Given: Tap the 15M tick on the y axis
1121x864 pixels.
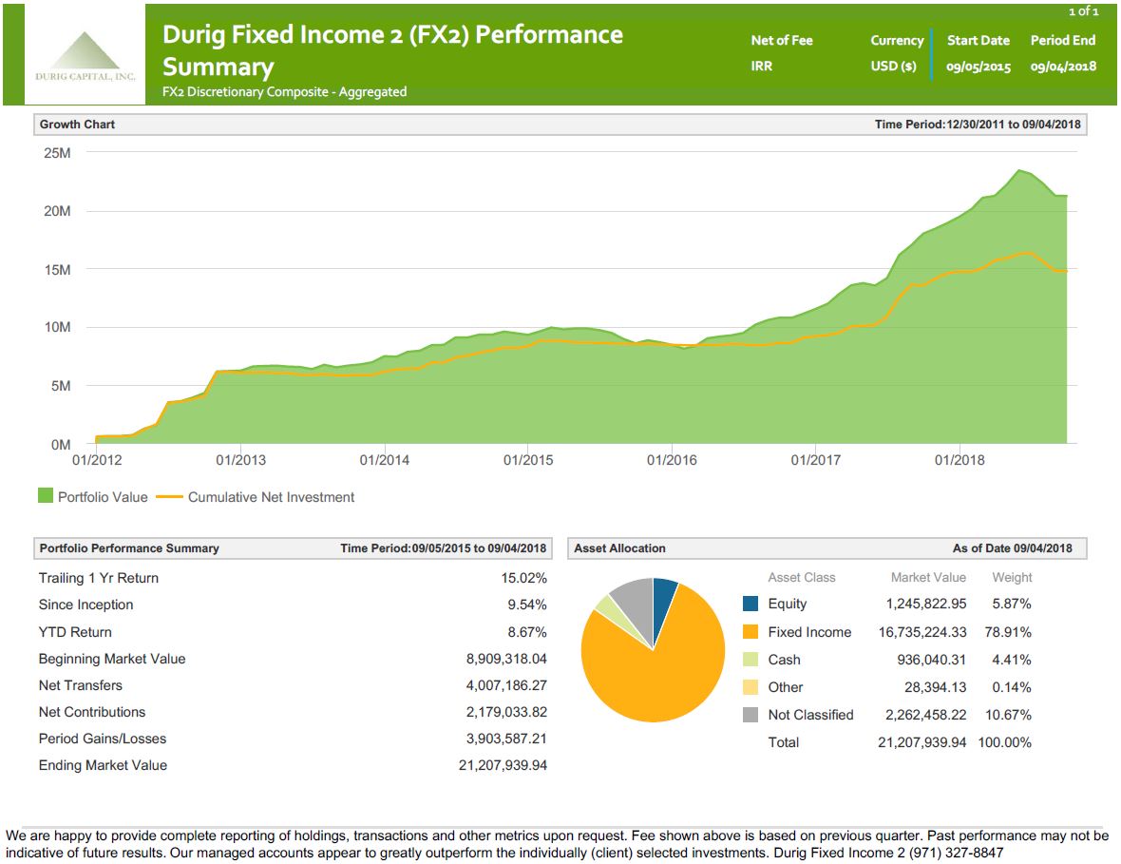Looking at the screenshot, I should tap(57, 270).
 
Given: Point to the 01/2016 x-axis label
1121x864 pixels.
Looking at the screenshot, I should tap(671, 460).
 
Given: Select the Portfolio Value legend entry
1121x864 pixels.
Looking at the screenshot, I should tap(93, 497).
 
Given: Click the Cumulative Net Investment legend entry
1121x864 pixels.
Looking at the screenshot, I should tap(256, 497).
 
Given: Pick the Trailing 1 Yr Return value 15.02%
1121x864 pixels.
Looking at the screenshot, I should tap(523, 578).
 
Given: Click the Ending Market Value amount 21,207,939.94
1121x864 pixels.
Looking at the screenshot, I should tap(503, 765).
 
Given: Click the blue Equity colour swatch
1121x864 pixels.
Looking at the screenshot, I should tap(750, 605).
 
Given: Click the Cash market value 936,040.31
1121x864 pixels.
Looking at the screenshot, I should tap(931, 660).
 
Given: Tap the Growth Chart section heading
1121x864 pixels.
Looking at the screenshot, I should tap(77, 125).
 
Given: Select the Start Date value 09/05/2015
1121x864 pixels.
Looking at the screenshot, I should tap(978, 67).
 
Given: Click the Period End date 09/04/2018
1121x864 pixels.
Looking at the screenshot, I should tap(1063, 67).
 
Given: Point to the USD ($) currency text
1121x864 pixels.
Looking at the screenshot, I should tap(893, 67).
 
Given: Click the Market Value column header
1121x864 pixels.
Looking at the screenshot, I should tap(928, 577).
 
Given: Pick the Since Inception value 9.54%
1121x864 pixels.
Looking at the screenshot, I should tap(527, 605).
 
